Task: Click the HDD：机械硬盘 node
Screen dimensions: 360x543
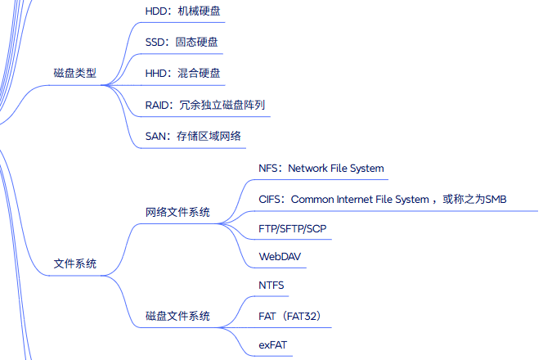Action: tap(182, 11)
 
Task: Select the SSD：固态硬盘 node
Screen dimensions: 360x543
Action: tap(182, 42)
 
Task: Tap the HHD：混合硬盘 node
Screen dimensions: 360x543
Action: tap(182, 73)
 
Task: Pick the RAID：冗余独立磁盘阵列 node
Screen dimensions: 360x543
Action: tap(204, 105)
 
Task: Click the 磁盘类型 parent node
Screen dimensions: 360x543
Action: tap(74, 73)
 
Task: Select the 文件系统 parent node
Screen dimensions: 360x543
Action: tap(74, 263)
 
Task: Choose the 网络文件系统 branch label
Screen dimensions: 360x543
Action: tap(177, 212)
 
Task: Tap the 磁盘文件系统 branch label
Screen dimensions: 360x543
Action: tap(177, 315)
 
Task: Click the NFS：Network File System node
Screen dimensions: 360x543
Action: tap(321, 169)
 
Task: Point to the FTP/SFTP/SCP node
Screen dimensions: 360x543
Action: tap(292, 227)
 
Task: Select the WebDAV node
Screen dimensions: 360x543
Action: tap(280, 256)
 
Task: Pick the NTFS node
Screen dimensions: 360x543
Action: tap(271, 286)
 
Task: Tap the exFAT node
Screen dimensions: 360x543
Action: tap(273, 345)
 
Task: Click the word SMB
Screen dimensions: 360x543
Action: tap(496, 199)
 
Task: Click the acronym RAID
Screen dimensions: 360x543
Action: tap(158, 105)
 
